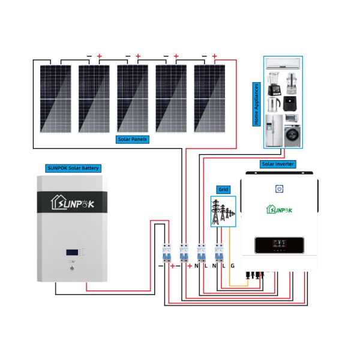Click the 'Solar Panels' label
pos(133,139)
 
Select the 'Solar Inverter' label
pos(276,164)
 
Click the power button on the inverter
pos(278,189)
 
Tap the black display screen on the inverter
pos(278,245)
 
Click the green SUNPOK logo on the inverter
pos(278,208)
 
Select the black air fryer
pos(292,103)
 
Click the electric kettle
pos(273,104)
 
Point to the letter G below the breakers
pos(232,266)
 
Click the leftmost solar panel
pos(55,98)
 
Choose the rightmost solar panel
pos(209,98)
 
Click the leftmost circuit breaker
pos(165,253)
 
